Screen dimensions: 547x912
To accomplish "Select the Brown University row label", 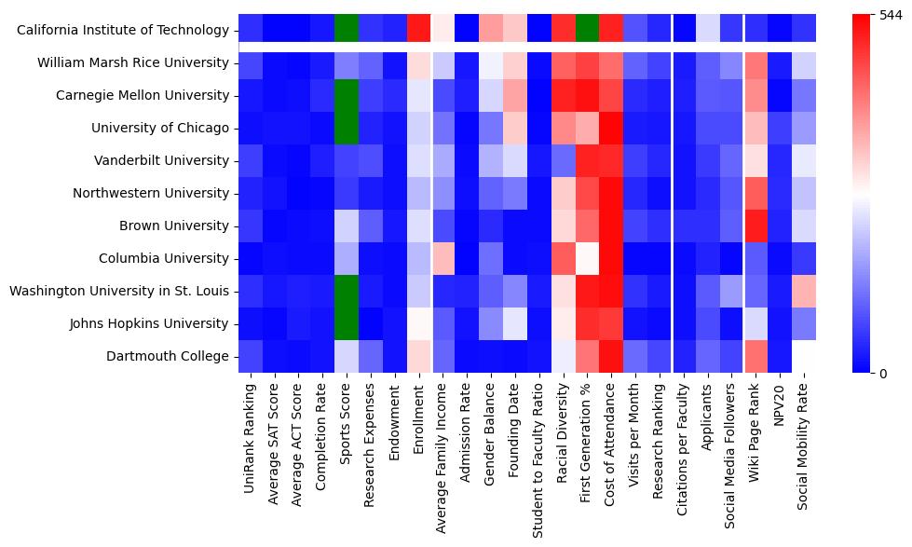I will click(x=177, y=226).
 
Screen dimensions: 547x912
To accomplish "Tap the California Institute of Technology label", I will click(x=123, y=31).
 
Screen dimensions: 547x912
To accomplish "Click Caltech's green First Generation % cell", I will click(x=587, y=29).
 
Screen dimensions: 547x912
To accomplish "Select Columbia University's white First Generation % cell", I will click(x=587, y=258).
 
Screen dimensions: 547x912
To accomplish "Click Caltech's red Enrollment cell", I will click(x=418, y=29).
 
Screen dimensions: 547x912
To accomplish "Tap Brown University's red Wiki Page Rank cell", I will click(x=755, y=226).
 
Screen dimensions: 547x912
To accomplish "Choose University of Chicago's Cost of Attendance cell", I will click(x=611, y=128).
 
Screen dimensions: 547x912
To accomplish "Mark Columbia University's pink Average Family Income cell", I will click(x=442, y=258).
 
